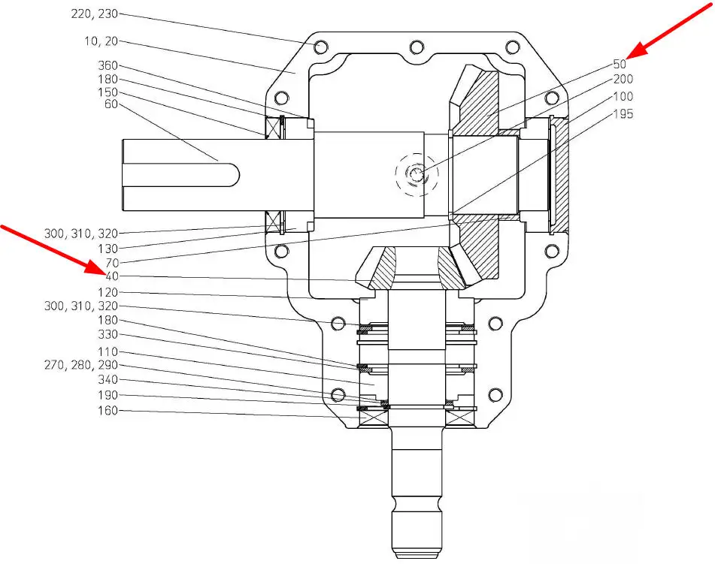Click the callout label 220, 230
(x=95, y=14)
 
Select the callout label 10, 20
(x=101, y=41)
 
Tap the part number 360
(x=108, y=65)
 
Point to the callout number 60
(x=111, y=104)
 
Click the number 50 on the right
(x=620, y=65)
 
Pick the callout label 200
(x=623, y=80)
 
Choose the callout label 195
(x=623, y=114)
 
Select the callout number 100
(x=623, y=97)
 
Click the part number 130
(x=108, y=249)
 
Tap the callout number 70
(x=112, y=263)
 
